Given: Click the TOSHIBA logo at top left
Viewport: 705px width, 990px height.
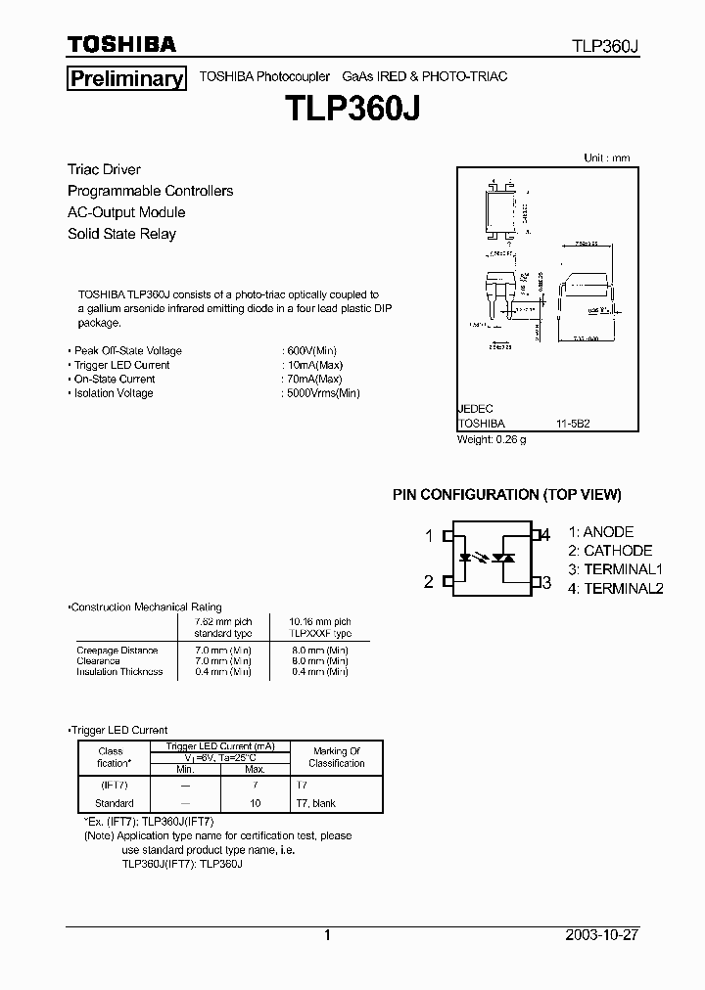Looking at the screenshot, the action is coord(121,44).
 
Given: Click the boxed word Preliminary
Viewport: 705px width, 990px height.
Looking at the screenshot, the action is coord(126,79).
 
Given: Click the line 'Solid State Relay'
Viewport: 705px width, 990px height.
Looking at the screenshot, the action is coord(121,234).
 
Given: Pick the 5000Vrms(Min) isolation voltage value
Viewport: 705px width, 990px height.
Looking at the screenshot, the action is coord(322,393).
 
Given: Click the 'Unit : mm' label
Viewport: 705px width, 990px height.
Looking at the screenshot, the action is coord(607,157).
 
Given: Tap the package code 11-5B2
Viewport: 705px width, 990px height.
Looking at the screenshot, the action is coord(573,424).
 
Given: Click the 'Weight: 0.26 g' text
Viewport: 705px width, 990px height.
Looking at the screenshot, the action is coord(492,439).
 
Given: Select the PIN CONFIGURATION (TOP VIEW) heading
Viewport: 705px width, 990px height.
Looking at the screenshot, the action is coord(507,495).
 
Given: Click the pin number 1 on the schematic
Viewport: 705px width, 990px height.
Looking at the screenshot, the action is coord(429,535).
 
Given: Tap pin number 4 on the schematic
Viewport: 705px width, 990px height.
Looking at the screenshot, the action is coord(546,534).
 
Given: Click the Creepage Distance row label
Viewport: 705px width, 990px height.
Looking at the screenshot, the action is coord(117,651).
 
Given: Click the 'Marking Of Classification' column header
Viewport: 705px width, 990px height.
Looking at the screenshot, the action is coord(337,757).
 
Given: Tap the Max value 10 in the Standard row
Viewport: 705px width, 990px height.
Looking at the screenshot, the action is coord(256,803).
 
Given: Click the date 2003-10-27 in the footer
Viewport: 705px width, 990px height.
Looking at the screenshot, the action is coord(601,934).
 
